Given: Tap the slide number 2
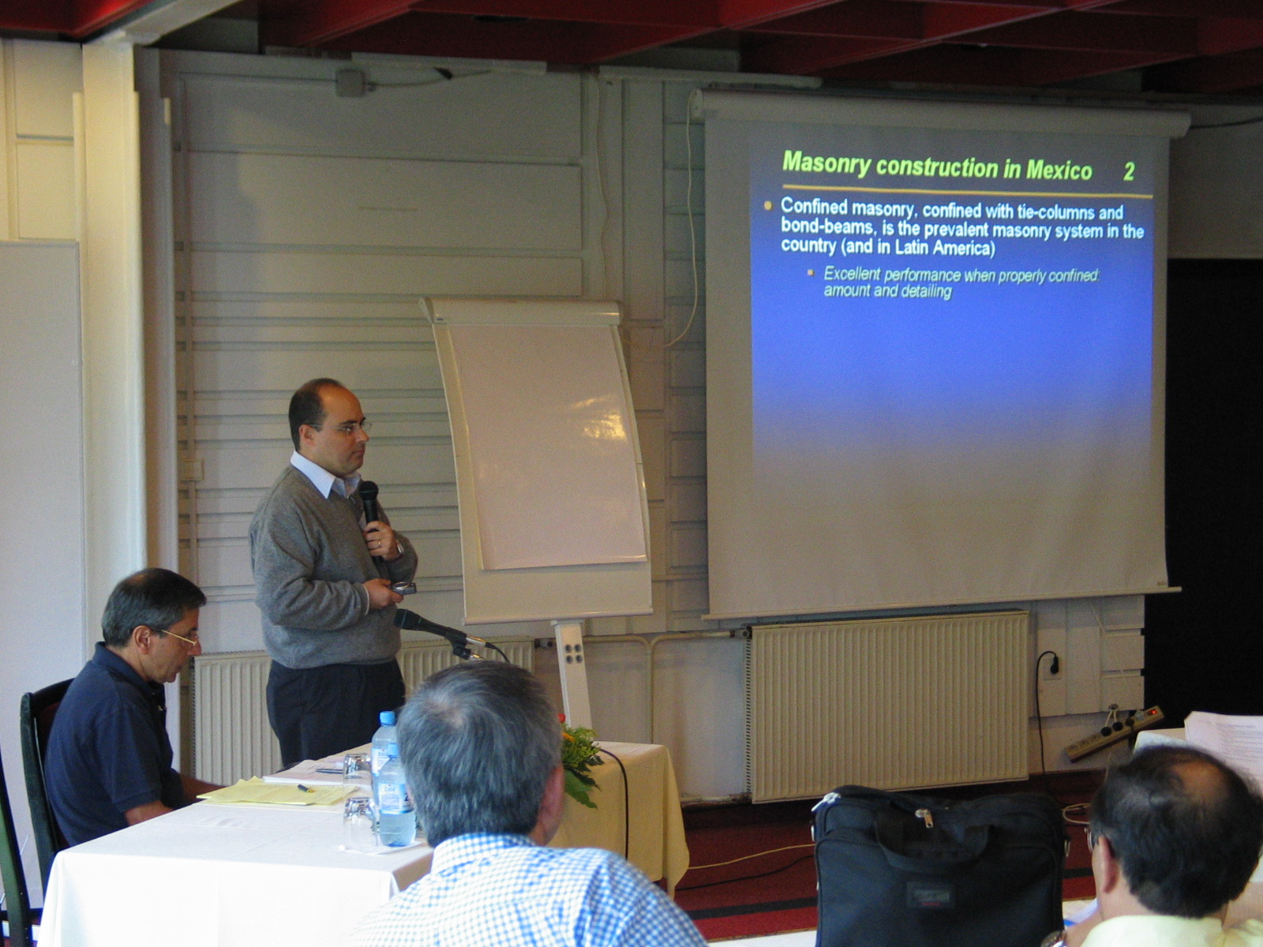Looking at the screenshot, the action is (x=1129, y=172).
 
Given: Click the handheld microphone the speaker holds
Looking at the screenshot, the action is (x=369, y=501).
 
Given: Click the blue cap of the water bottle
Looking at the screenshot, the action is (x=388, y=718).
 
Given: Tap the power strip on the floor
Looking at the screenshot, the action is (x=1114, y=734).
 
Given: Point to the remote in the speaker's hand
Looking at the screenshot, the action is (x=403, y=588).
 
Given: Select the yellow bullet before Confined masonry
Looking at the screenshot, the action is (x=767, y=206).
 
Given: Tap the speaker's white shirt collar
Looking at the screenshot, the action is (x=320, y=474).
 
